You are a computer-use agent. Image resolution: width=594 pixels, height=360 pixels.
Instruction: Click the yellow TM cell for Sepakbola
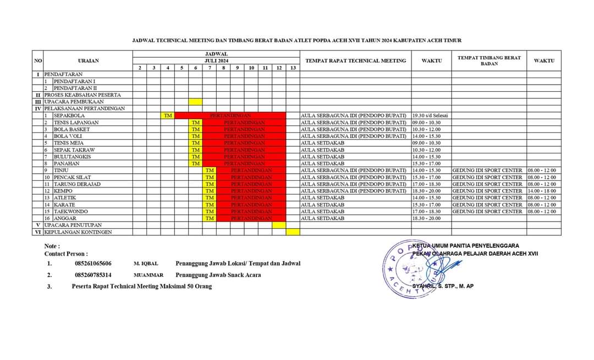(168, 116)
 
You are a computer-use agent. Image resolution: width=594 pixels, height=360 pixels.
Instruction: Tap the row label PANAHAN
(65, 163)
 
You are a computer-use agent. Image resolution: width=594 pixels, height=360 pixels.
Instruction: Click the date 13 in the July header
(293, 68)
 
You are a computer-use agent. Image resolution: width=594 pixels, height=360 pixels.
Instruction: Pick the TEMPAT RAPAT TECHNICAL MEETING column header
(355, 60)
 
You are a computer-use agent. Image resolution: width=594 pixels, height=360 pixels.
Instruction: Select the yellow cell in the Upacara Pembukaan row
(195, 102)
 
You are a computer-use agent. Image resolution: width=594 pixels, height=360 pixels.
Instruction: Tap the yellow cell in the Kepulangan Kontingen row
(293, 232)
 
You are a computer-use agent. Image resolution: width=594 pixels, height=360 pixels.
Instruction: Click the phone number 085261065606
(93, 264)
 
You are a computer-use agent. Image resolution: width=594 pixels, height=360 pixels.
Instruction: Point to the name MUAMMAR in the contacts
(148, 275)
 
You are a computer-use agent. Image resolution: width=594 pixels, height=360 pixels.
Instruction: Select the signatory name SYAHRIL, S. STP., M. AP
(450, 286)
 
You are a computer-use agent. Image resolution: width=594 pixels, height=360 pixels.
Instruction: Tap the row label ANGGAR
(65, 218)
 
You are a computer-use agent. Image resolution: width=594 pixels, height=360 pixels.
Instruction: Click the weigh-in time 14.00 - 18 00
(542, 191)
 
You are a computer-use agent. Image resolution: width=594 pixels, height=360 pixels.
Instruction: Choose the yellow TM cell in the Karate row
(210, 204)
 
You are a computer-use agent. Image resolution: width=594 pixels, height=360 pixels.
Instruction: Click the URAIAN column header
(88, 60)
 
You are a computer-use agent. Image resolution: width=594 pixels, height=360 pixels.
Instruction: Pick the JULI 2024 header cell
(216, 60)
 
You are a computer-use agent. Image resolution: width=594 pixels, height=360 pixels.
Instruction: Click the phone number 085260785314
(93, 275)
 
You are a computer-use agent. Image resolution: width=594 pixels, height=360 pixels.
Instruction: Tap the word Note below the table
(52, 246)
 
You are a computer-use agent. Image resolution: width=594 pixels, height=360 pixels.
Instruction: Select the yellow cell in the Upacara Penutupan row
(279, 225)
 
